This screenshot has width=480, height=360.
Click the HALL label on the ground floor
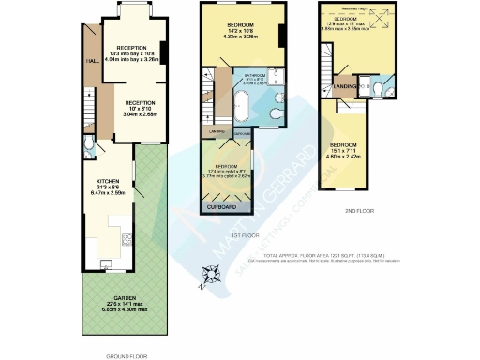(x=93, y=62)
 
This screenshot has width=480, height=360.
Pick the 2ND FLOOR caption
(x=359, y=212)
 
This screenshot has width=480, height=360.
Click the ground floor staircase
(x=90, y=108)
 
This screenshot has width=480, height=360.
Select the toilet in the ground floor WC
(x=87, y=147)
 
